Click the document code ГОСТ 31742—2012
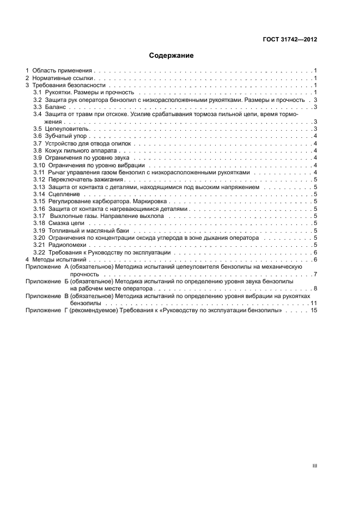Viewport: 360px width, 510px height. [291, 40]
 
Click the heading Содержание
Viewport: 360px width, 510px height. [171, 56]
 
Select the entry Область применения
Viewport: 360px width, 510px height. [62, 71]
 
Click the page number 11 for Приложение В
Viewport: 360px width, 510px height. [314, 302]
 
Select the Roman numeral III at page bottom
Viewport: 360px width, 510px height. [314, 466]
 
